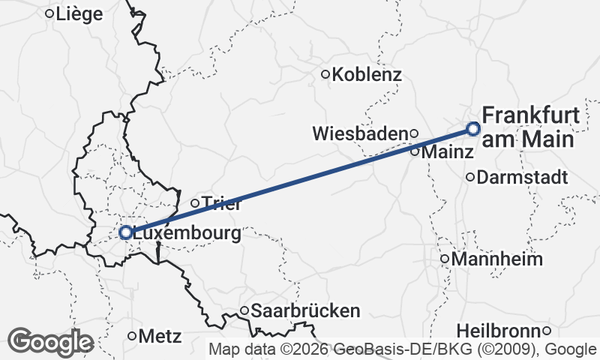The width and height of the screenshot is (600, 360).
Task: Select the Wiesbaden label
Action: point(360,133)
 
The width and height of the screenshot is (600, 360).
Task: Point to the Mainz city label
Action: point(448,151)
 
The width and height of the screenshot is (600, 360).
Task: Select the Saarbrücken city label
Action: point(305,310)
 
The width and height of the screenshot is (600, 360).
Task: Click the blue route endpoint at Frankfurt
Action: point(473,128)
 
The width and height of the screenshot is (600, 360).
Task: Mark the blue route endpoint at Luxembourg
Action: point(126,232)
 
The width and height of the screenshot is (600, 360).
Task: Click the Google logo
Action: point(50,342)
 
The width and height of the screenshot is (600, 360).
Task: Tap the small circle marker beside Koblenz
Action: point(325,74)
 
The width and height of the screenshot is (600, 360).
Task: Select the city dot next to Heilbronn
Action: point(547,331)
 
